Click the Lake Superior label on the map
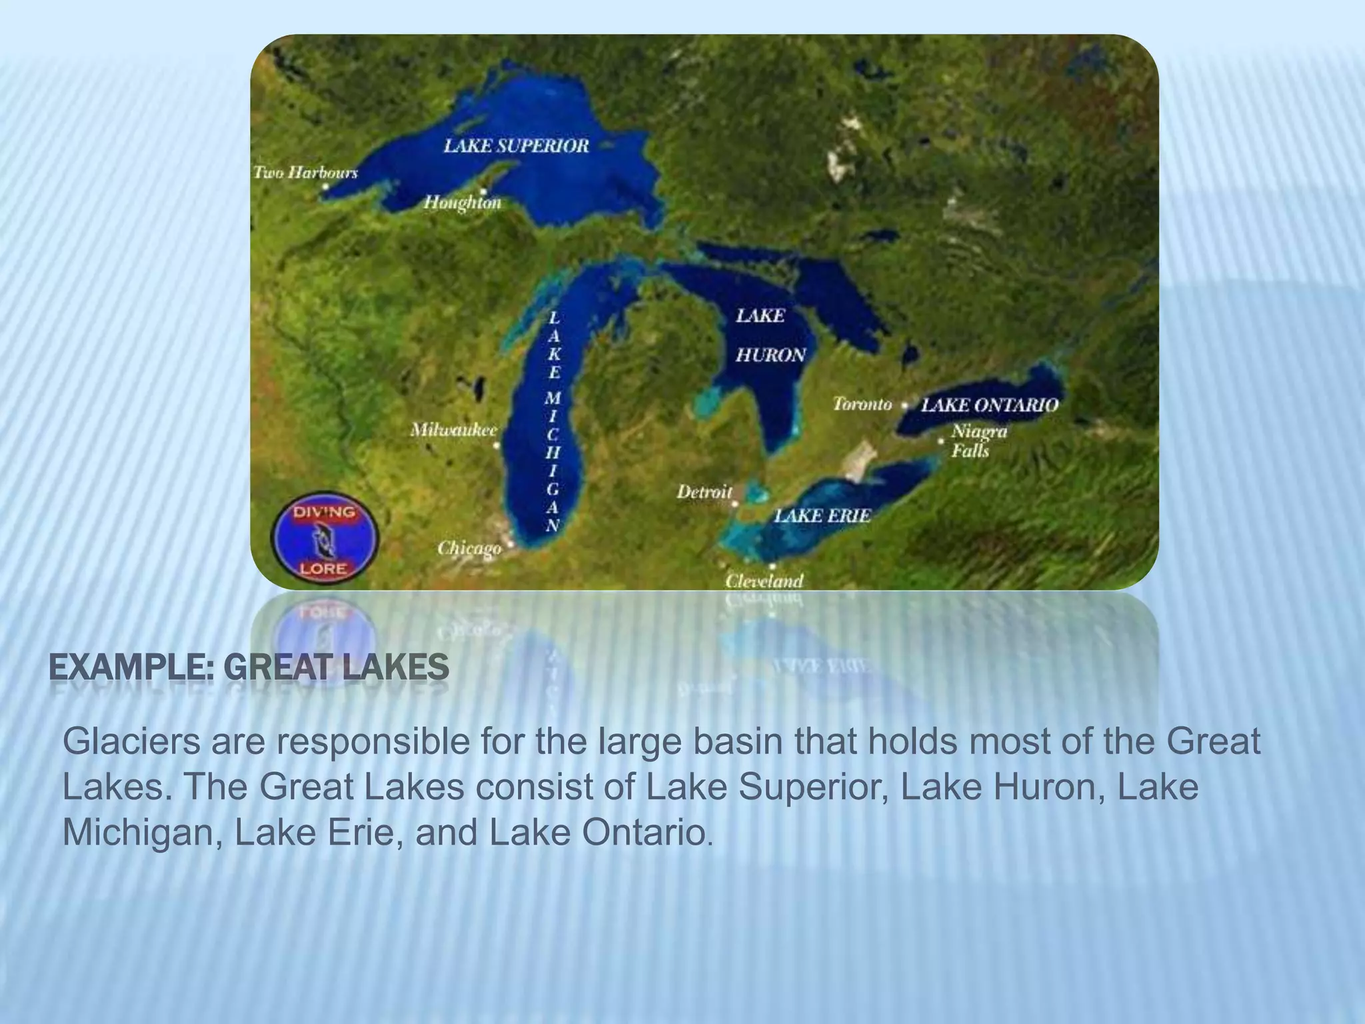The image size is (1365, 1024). (517, 146)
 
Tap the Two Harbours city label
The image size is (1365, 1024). (305, 173)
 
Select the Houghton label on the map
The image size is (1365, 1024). (463, 202)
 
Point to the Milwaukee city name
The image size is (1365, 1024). (453, 430)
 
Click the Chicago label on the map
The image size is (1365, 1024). (469, 548)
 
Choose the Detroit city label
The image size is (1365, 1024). (704, 492)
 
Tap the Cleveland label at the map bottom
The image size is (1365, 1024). (764, 581)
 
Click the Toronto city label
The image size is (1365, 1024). (862, 404)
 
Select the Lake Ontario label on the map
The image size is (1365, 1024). (989, 405)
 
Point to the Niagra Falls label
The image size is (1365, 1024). (978, 441)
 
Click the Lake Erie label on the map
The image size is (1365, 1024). (822, 515)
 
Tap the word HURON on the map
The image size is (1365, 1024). (770, 355)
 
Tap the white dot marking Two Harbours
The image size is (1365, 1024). (325, 187)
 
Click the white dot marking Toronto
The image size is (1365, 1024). (904, 405)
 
